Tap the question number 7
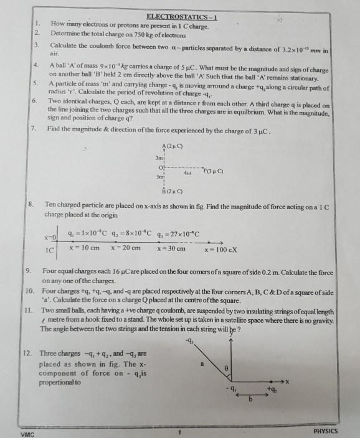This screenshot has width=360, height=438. [32, 128]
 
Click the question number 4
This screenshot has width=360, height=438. [36, 64]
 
